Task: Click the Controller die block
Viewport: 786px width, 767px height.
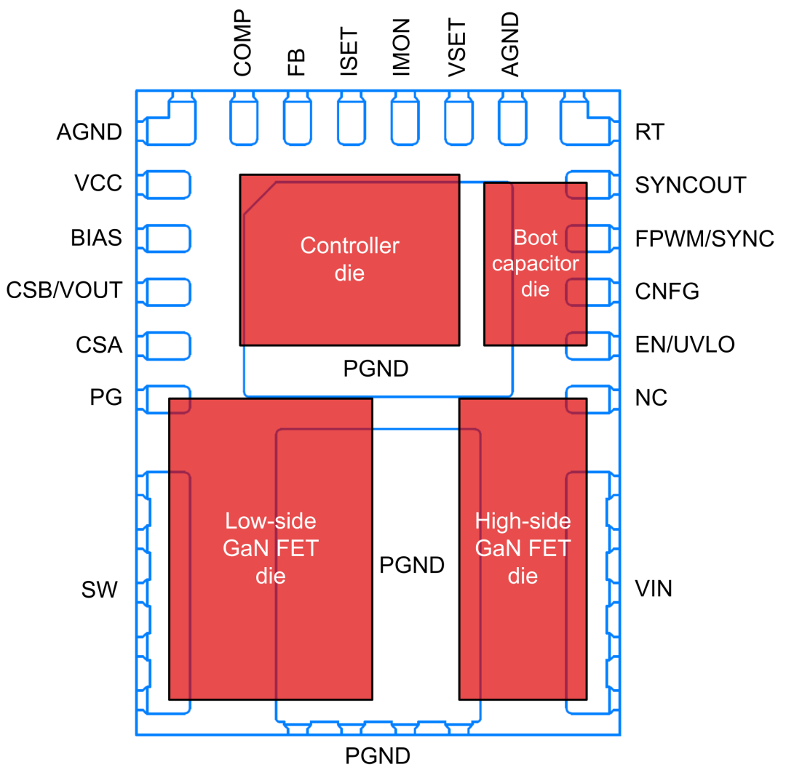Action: point(349,260)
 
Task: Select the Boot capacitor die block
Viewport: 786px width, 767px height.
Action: point(536,264)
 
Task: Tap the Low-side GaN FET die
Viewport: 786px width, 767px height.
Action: point(271,549)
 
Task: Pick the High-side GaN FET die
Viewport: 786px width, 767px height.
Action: point(523,549)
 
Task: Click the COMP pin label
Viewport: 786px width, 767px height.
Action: point(242,44)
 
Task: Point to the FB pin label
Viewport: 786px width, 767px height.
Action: point(296,63)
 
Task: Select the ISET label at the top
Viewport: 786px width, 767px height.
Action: point(349,52)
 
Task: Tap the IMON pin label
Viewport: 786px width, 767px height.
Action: point(402,47)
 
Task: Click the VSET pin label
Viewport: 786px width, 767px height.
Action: point(456,47)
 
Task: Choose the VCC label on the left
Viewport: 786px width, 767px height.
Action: point(98,183)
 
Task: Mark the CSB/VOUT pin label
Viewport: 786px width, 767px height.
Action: point(64,290)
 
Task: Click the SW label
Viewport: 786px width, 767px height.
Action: point(99,590)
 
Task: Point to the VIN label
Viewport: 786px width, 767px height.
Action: point(654,589)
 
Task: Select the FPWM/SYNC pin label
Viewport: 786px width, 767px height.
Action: point(704,238)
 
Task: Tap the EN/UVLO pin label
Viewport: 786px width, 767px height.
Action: point(685,345)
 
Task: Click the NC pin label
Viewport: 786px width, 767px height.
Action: point(651,398)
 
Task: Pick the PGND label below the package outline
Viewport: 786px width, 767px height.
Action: point(378,755)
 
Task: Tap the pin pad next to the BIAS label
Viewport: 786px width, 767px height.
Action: point(164,238)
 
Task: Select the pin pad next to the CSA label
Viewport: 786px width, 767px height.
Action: point(164,346)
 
